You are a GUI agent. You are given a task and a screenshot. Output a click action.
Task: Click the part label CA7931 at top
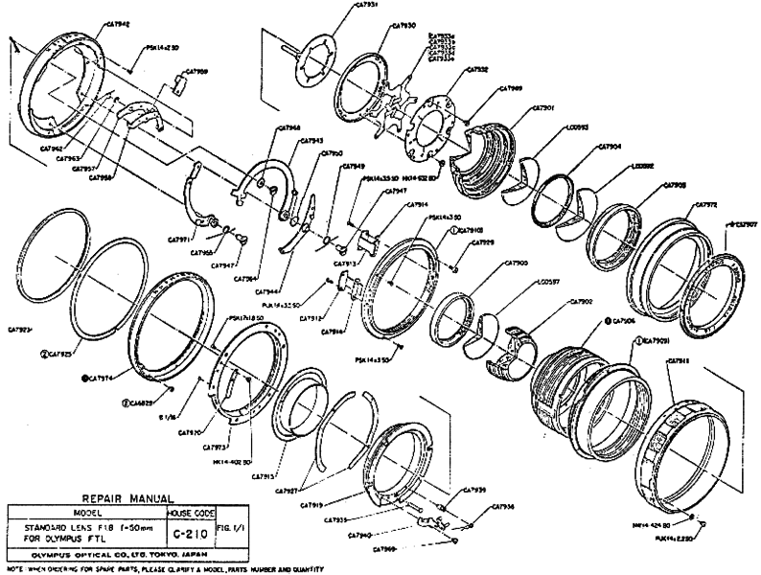coord(367,5)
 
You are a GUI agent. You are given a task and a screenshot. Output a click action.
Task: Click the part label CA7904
coord(610,147)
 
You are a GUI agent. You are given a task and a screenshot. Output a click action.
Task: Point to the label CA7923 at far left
coord(19,328)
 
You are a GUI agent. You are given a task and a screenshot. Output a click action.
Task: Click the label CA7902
coord(581,302)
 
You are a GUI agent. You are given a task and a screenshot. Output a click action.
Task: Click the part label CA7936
coord(504,507)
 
